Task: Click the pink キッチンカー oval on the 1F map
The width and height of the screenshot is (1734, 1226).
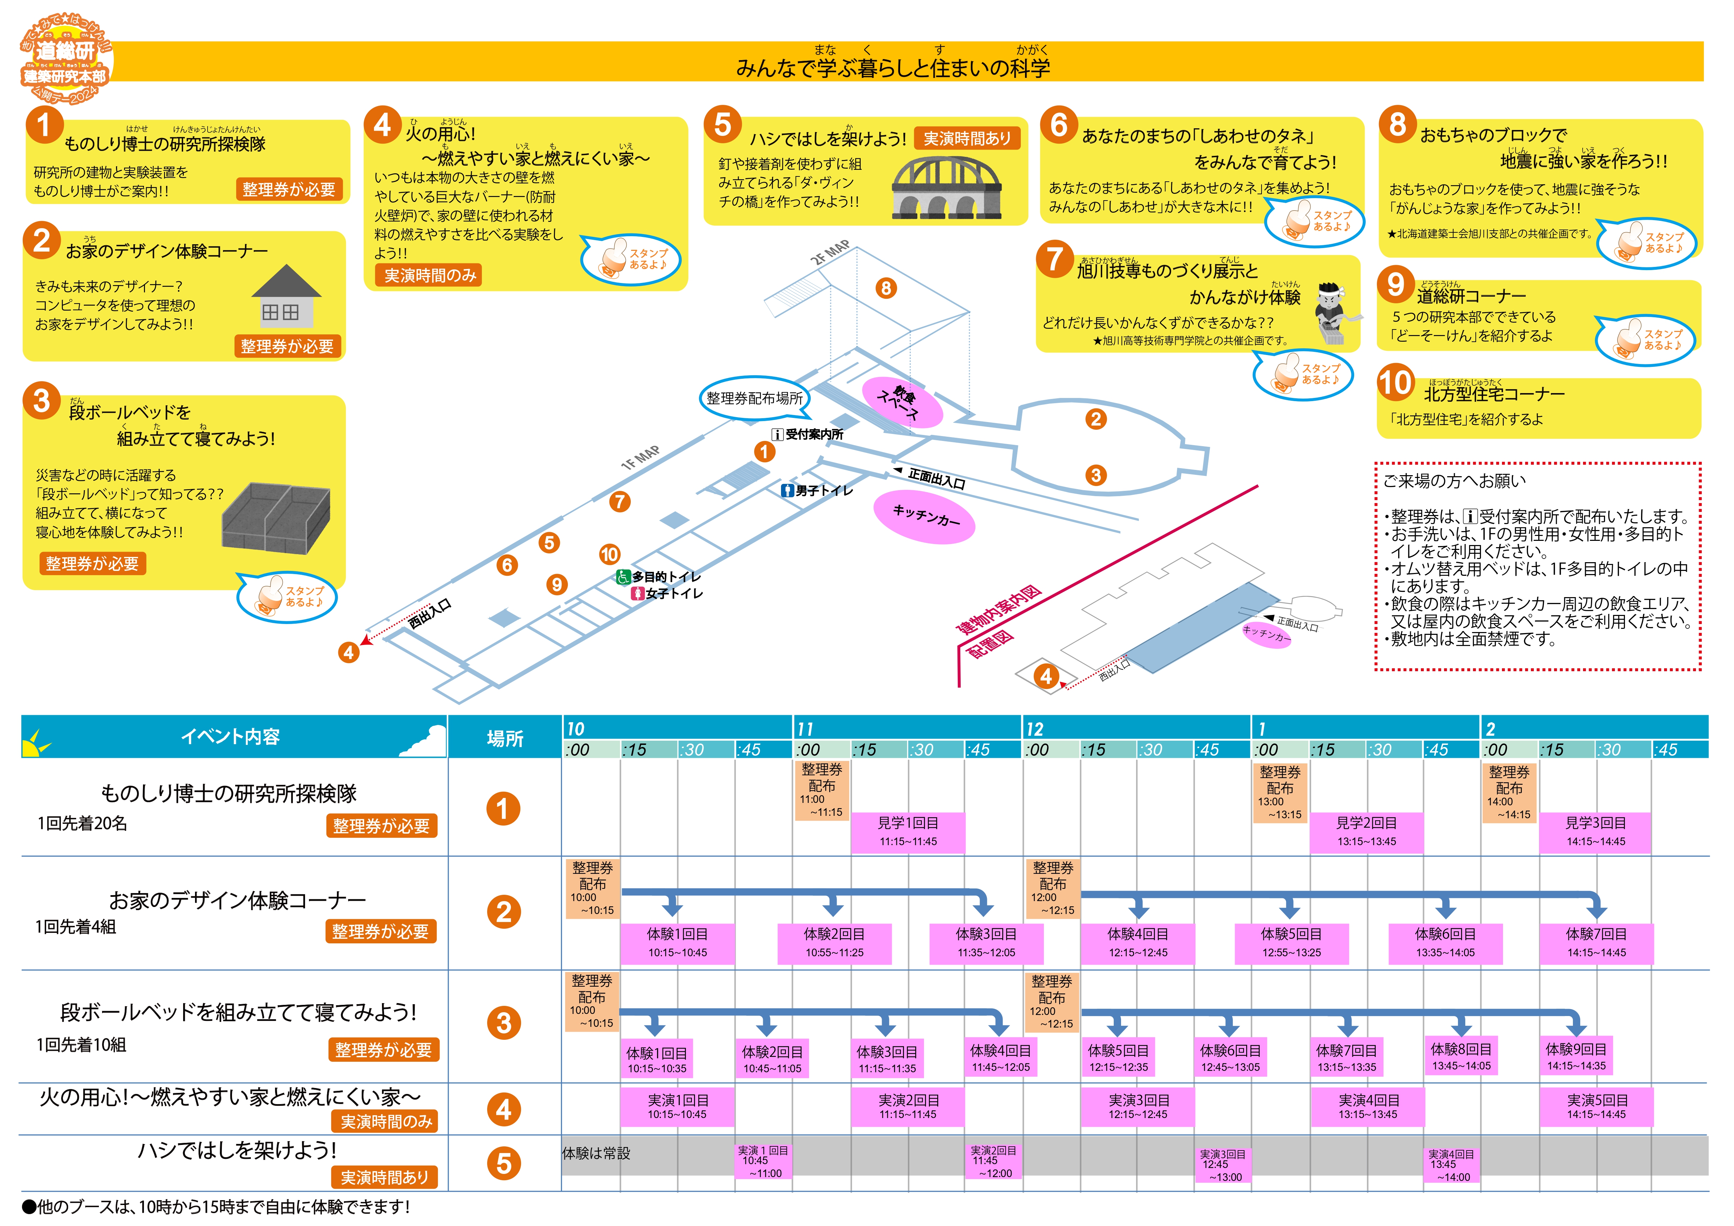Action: click(x=924, y=516)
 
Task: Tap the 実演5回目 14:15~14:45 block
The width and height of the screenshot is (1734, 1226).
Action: click(x=1596, y=1107)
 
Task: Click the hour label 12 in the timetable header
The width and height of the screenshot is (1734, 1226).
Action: click(x=1035, y=728)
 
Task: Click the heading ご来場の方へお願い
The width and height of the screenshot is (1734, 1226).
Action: click(x=1454, y=481)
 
